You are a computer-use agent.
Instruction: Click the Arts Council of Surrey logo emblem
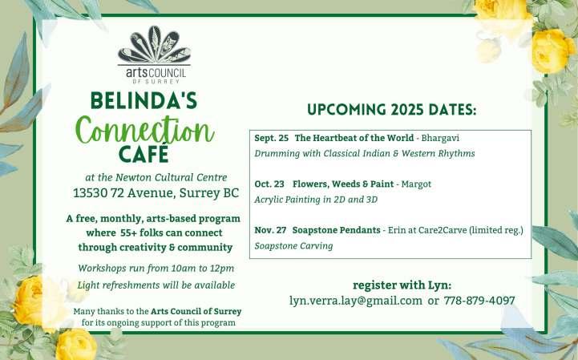click(x=155, y=45)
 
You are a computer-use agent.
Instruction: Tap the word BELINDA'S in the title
click(x=144, y=101)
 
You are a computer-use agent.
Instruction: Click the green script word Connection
click(x=144, y=131)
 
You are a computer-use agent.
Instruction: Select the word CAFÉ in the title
click(x=143, y=153)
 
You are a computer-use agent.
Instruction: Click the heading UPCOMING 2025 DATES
click(x=391, y=110)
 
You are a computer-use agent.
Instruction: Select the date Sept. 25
click(x=271, y=138)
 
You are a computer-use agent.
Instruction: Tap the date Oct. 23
click(x=269, y=184)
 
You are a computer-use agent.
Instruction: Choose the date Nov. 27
click(x=270, y=230)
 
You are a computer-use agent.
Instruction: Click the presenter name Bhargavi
click(x=440, y=139)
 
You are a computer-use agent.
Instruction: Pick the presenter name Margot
click(x=416, y=184)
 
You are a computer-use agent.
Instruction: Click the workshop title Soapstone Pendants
click(x=336, y=230)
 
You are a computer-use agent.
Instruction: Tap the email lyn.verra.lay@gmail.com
click(x=356, y=301)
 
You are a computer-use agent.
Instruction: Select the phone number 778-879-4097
click(x=479, y=301)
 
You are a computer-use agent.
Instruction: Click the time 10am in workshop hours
click(x=184, y=268)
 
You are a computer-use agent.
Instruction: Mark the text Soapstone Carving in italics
click(x=293, y=246)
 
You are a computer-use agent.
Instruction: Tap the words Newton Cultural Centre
click(x=171, y=177)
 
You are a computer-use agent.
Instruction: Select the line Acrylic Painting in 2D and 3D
click(x=316, y=200)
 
